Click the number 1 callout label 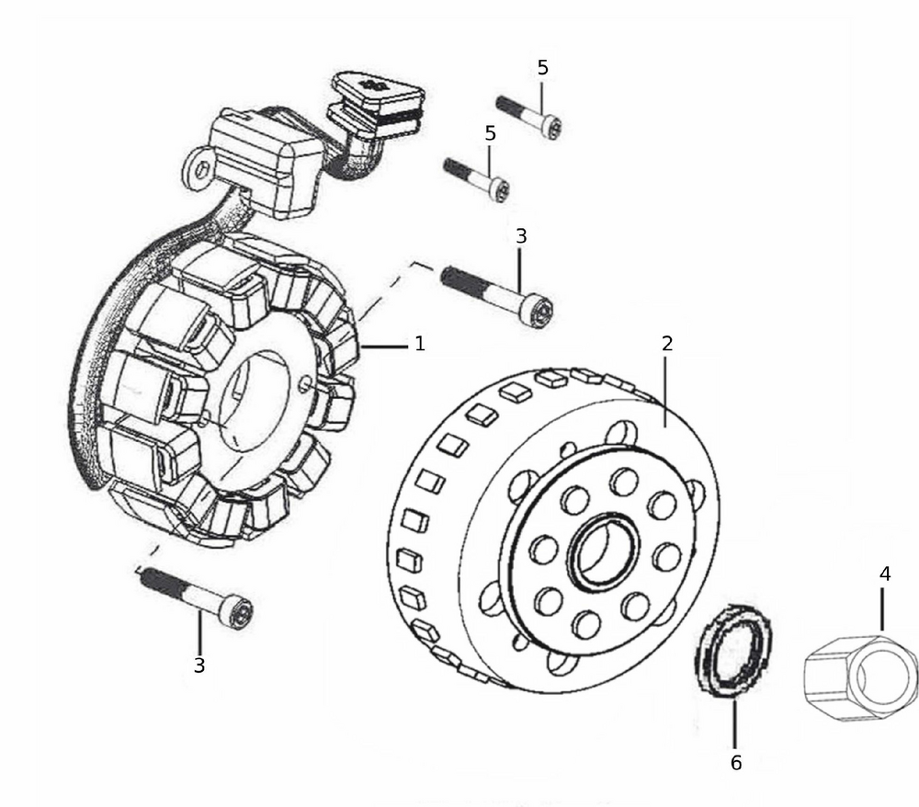[420, 345]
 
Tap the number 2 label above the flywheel [667, 344]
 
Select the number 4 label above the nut [884, 574]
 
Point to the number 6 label [735, 762]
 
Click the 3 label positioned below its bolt [199, 665]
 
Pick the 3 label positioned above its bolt [521, 235]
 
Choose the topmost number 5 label [542, 67]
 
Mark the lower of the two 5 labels [490, 133]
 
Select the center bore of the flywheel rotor [602, 551]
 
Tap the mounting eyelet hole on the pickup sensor [198, 170]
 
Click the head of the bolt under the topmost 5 [550, 128]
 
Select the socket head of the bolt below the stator [239, 612]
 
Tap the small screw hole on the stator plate [307, 382]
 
